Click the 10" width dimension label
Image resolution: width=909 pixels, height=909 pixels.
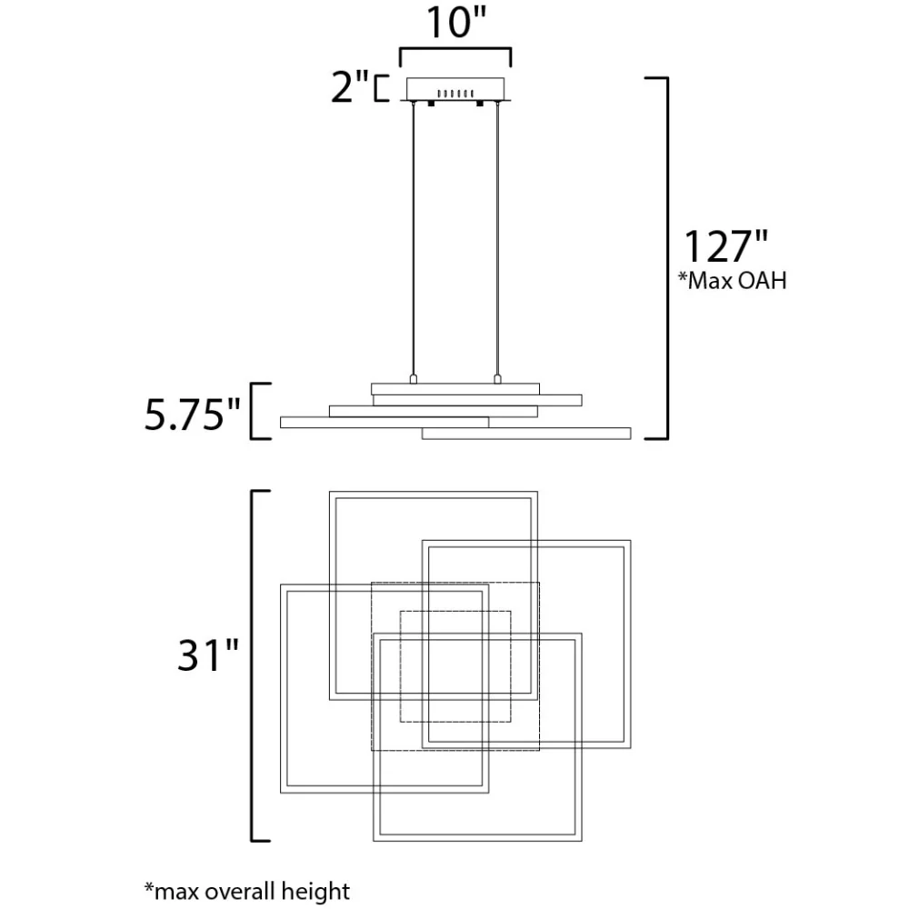[x=455, y=23]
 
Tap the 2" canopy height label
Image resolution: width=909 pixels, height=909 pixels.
[x=350, y=87]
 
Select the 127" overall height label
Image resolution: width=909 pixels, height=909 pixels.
[x=725, y=246]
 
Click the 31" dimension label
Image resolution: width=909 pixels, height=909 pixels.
[x=208, y=655]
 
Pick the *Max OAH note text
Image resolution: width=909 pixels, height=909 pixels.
[x=733, y=281]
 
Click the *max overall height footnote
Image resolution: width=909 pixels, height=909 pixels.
[x=247, y=891]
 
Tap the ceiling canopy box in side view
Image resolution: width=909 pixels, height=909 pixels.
[x=455, y=89]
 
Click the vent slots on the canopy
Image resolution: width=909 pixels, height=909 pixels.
[x=455, y=94]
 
